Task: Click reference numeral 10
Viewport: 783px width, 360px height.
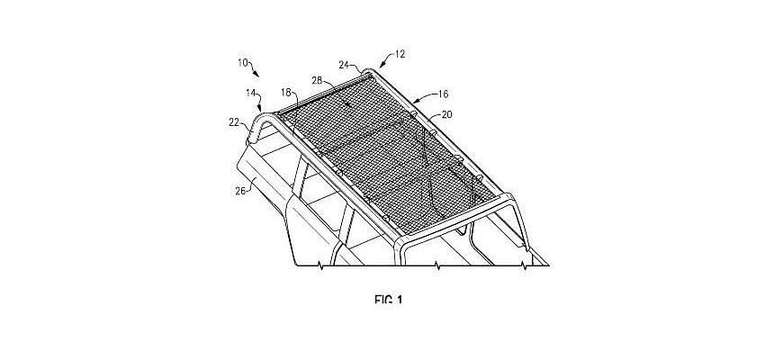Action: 243,63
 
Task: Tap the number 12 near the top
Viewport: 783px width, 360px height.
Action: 400,54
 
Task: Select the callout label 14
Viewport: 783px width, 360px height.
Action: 250,93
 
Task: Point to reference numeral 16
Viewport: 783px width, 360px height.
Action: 444,94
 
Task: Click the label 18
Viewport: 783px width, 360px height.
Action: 285,93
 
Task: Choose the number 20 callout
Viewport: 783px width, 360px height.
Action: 447,114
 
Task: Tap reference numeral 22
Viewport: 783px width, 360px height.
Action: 235,121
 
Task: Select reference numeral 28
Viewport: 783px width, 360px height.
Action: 318,80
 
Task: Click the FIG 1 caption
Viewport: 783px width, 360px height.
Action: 388,299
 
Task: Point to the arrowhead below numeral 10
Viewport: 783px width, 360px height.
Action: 256,75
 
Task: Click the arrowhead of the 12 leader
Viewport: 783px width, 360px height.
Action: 382,66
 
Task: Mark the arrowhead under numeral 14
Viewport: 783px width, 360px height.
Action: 260,108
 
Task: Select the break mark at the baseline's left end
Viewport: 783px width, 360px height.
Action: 320,266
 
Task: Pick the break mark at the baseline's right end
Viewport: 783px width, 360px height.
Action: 523,265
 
